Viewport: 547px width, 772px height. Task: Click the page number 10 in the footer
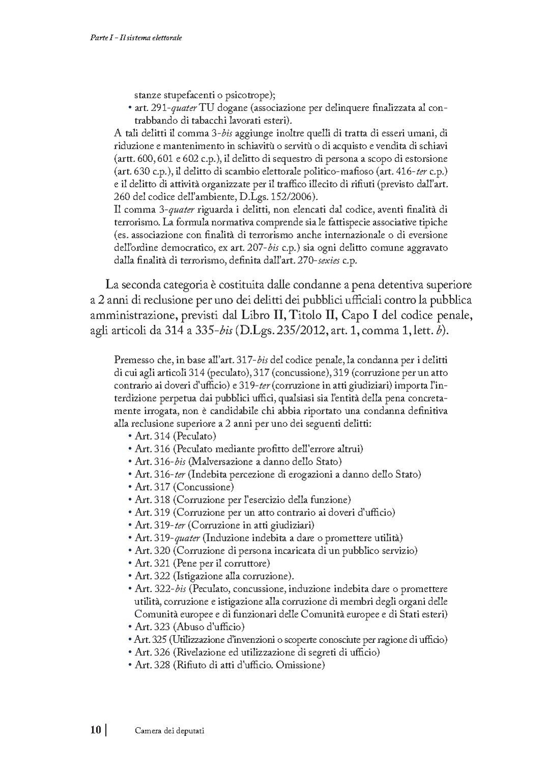point(96,730)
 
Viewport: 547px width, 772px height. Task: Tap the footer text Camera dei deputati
point(170,731)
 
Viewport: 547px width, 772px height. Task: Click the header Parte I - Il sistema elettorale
point(132,38)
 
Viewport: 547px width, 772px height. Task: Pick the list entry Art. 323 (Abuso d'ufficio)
point(189,627)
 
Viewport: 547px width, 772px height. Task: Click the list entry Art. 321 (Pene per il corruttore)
point(202,563)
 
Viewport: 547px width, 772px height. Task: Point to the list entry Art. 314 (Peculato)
point(176,436)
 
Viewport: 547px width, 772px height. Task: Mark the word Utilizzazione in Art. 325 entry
point(199,640)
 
